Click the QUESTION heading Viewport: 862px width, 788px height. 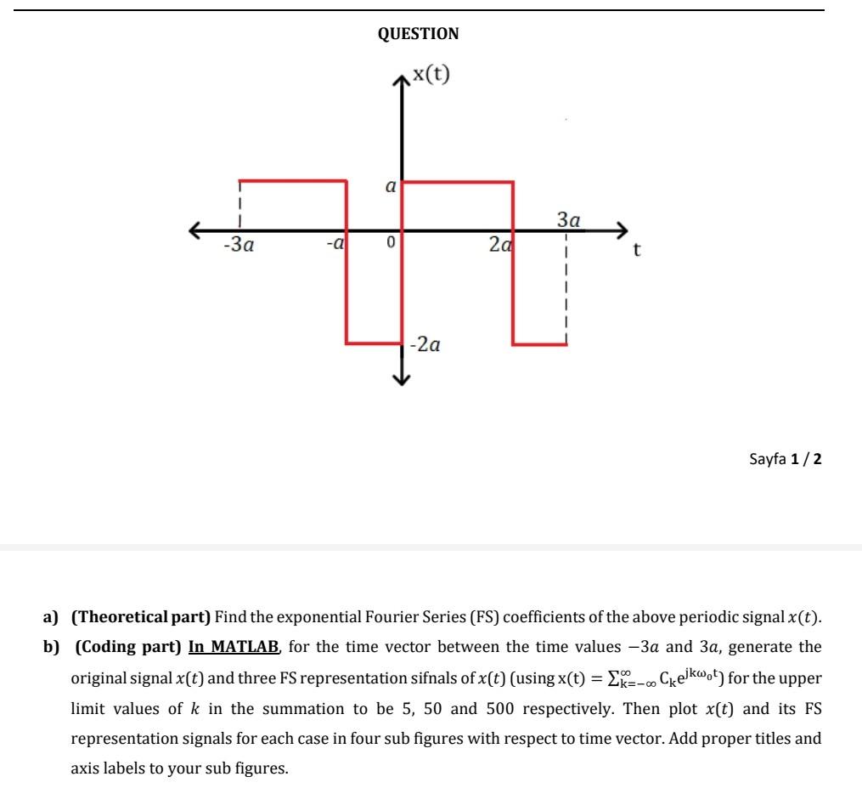[x=418, y=34]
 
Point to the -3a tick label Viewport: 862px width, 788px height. [x=239, y=246]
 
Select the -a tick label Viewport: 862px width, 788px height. [x=335, y=244]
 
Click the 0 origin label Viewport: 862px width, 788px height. [x=390, y=244]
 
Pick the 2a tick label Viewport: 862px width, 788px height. [x=500, y=245]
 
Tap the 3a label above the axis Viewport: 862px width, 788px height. [x=569, y=220]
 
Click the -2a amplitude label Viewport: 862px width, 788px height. [x=425, y=345]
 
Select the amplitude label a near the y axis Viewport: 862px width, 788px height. [x=391, y=187]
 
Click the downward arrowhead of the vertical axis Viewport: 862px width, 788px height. [x=402, y=380]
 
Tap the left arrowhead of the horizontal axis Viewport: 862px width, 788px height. [x=196, y=230]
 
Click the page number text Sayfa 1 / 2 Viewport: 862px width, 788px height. [x=786, y=459]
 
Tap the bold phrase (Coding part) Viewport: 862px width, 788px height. [x=128, y=647]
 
